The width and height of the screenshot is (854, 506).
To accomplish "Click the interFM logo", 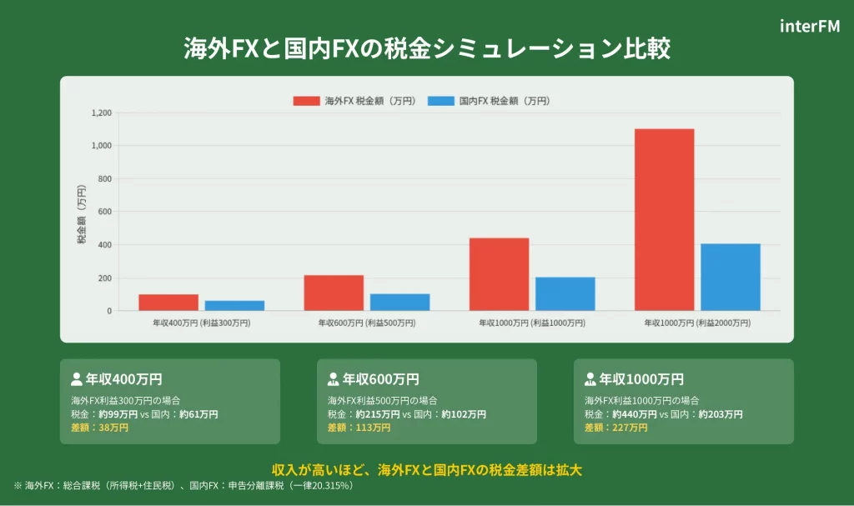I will point(810,26).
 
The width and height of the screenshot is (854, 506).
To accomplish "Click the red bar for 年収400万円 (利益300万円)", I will point(168,303).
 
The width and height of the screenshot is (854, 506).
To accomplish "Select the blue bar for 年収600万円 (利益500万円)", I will point(399,302).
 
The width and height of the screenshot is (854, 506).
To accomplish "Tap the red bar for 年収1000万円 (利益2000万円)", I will point(664,220).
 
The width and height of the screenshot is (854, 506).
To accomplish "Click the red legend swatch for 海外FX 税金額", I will point(306,101).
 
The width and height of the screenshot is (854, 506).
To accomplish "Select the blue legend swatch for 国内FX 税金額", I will point(441,101).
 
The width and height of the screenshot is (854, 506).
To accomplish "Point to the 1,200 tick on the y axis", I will point(101,113).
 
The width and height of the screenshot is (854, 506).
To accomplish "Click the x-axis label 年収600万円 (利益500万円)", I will point(367,323).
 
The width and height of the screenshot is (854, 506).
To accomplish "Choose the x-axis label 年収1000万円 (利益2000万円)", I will point(697,323).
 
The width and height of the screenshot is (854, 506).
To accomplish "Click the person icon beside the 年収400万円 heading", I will point(77,379).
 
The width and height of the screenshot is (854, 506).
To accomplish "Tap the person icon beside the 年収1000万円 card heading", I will point(590,379).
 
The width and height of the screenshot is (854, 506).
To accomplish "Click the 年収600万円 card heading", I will point(380,379).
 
